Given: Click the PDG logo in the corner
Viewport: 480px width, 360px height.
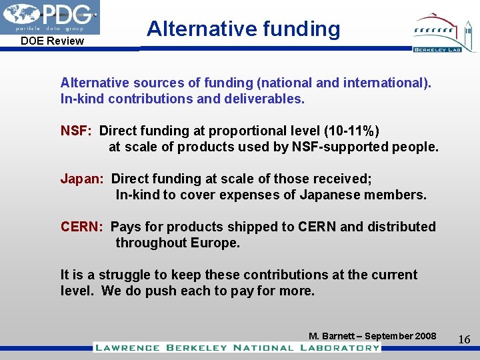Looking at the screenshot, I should (x=50, y=17).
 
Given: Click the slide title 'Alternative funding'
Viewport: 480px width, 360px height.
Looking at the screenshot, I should (x=243, y=29).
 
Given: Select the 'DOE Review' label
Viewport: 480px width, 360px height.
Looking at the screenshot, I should (x=52, y=41).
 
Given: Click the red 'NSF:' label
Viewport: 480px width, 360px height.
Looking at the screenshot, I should (x=76, y=131).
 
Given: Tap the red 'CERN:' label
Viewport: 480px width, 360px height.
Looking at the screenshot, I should (x=81, y=227).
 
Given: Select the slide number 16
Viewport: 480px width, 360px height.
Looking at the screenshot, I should (x=464, y=340).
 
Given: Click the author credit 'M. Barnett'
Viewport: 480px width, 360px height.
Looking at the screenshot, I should (x=331, y=336).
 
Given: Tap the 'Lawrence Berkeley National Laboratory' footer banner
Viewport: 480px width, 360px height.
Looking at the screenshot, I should (x=237, y=347).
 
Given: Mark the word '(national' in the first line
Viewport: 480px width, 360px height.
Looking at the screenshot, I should (x=288, y=83).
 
